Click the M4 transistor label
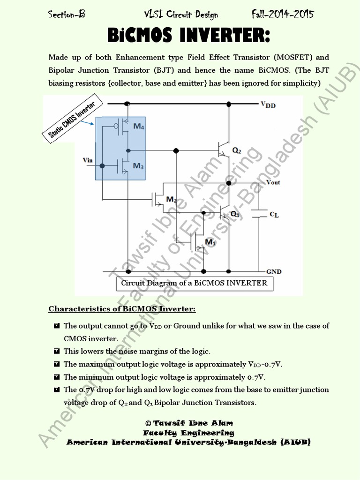click(139, 127)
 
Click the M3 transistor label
click(139, 166)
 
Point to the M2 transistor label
click(172, 200)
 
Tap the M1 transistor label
click(211, 242)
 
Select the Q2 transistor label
click(237, 151)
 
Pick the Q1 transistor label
click(235, 214)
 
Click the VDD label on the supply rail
click(268, 105)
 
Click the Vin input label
click(88, 160)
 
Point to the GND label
click(273, 271)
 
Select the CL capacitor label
click(274, 214)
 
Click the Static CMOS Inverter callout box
click(72, 120)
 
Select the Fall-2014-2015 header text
click(283, 14)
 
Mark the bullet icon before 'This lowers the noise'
click(56, 351)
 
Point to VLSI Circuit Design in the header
click(180, 15)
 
